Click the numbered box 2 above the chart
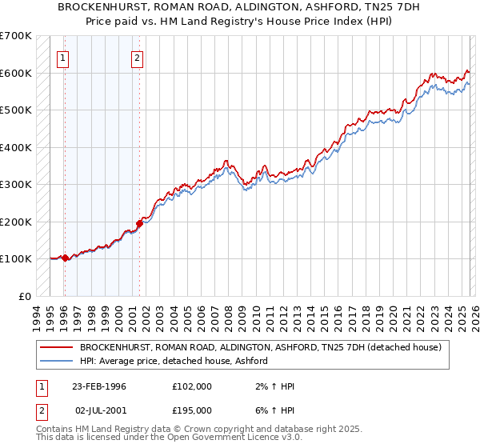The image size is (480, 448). pyautogui.click(x=138, y=57)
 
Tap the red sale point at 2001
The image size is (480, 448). pyautogui.click(x=139, y=224)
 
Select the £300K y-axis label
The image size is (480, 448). pyautogui.click(x=18, y=184)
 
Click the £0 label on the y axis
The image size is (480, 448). pyautogui.click(x=26, y=296)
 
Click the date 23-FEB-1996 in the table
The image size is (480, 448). pyautogui.click(x=99, y=386)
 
